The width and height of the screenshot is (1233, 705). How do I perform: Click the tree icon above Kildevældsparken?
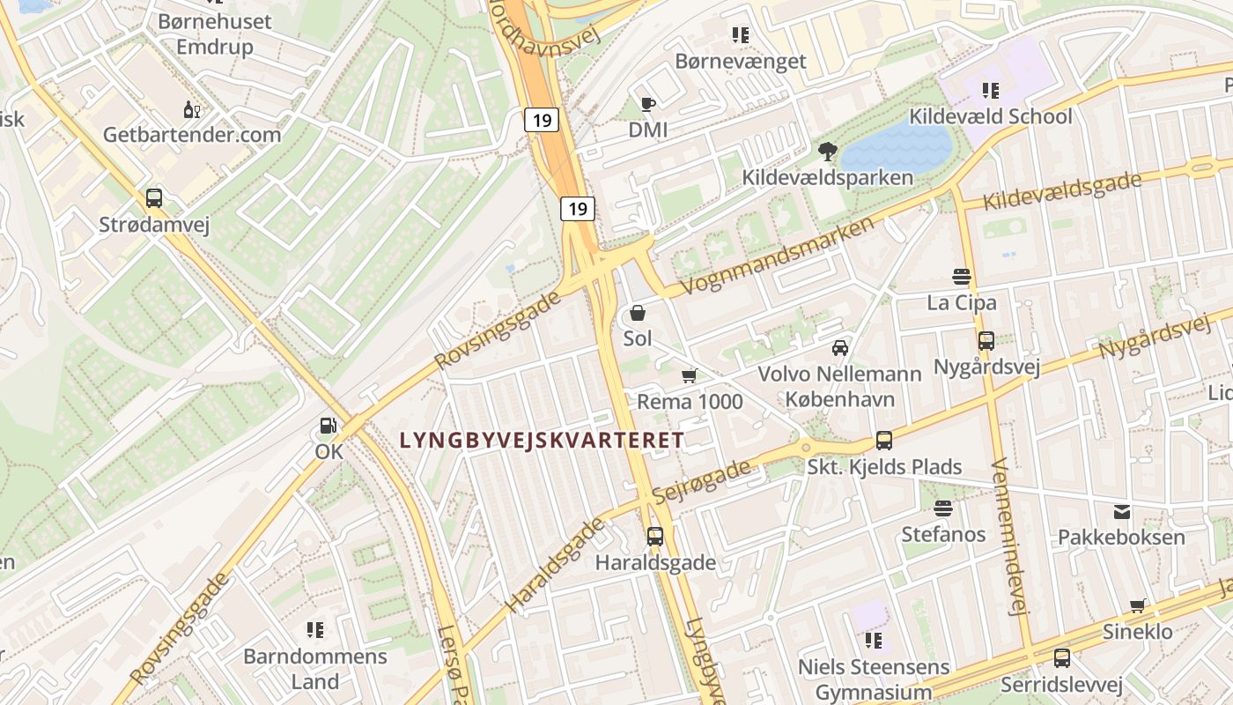(827, 152)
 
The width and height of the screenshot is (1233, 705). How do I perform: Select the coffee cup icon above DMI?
(648, 105)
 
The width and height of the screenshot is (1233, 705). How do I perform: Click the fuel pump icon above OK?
(328, 427)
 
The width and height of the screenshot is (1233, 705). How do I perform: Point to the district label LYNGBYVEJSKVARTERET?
(542, 440)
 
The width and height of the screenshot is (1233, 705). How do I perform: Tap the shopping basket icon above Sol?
(638, 313)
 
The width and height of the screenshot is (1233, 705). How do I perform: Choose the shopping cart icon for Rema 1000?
(690, 376)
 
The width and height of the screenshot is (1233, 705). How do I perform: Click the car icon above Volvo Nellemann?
(840, 347)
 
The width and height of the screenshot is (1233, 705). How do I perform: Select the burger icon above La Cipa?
(962, 277)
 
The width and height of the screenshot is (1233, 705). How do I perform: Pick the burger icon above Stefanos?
(943, 508)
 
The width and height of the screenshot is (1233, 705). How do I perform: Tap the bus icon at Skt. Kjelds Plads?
(884, 441)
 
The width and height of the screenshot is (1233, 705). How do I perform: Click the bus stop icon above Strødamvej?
(154, 198)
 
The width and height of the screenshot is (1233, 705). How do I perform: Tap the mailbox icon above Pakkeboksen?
(1122, 511)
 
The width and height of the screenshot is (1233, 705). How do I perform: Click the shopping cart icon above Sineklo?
(1138, 605)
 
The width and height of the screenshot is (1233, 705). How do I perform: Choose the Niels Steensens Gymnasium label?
(874, 679)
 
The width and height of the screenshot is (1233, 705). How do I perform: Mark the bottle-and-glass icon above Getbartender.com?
(191, 109)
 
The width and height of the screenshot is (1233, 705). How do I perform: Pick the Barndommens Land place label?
(315, 669)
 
